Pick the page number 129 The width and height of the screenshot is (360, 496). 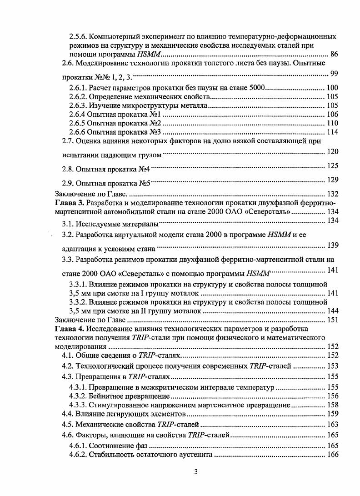333,180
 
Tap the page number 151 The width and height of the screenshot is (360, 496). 333,320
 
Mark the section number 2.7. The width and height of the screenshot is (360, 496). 68,141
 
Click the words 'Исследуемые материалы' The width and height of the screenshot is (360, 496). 117,224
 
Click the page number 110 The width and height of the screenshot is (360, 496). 333,123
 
